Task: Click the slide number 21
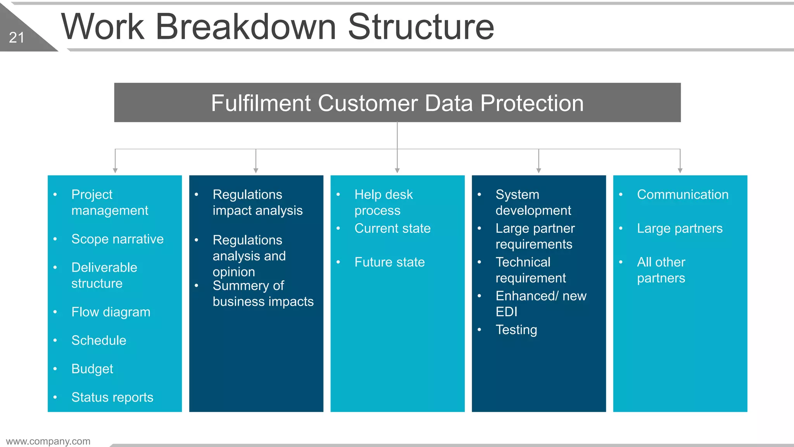tap(17, 38)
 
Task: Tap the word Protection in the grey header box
tap(532, 103)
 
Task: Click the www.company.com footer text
tap(48, 441)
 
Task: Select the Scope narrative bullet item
tap(117, 239)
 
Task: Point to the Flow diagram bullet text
tap(110, 312)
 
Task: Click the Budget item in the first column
tap(92, 369)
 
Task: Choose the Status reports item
tap(112, 397)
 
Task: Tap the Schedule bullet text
tap(98, 340)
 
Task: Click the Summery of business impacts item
tap(262, 294)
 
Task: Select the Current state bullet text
tap(392, 228)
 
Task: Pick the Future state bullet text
tap(389, 262)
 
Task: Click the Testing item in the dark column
tap(516, 329)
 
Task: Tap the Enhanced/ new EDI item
tap(540, 303)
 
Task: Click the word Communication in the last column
tap(682, 194)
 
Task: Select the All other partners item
tap(661, 270)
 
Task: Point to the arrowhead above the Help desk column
tap(397, 170)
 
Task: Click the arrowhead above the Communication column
tap(680, 170)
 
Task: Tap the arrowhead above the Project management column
tap(115, 170)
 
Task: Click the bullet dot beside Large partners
tap(621, 228)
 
